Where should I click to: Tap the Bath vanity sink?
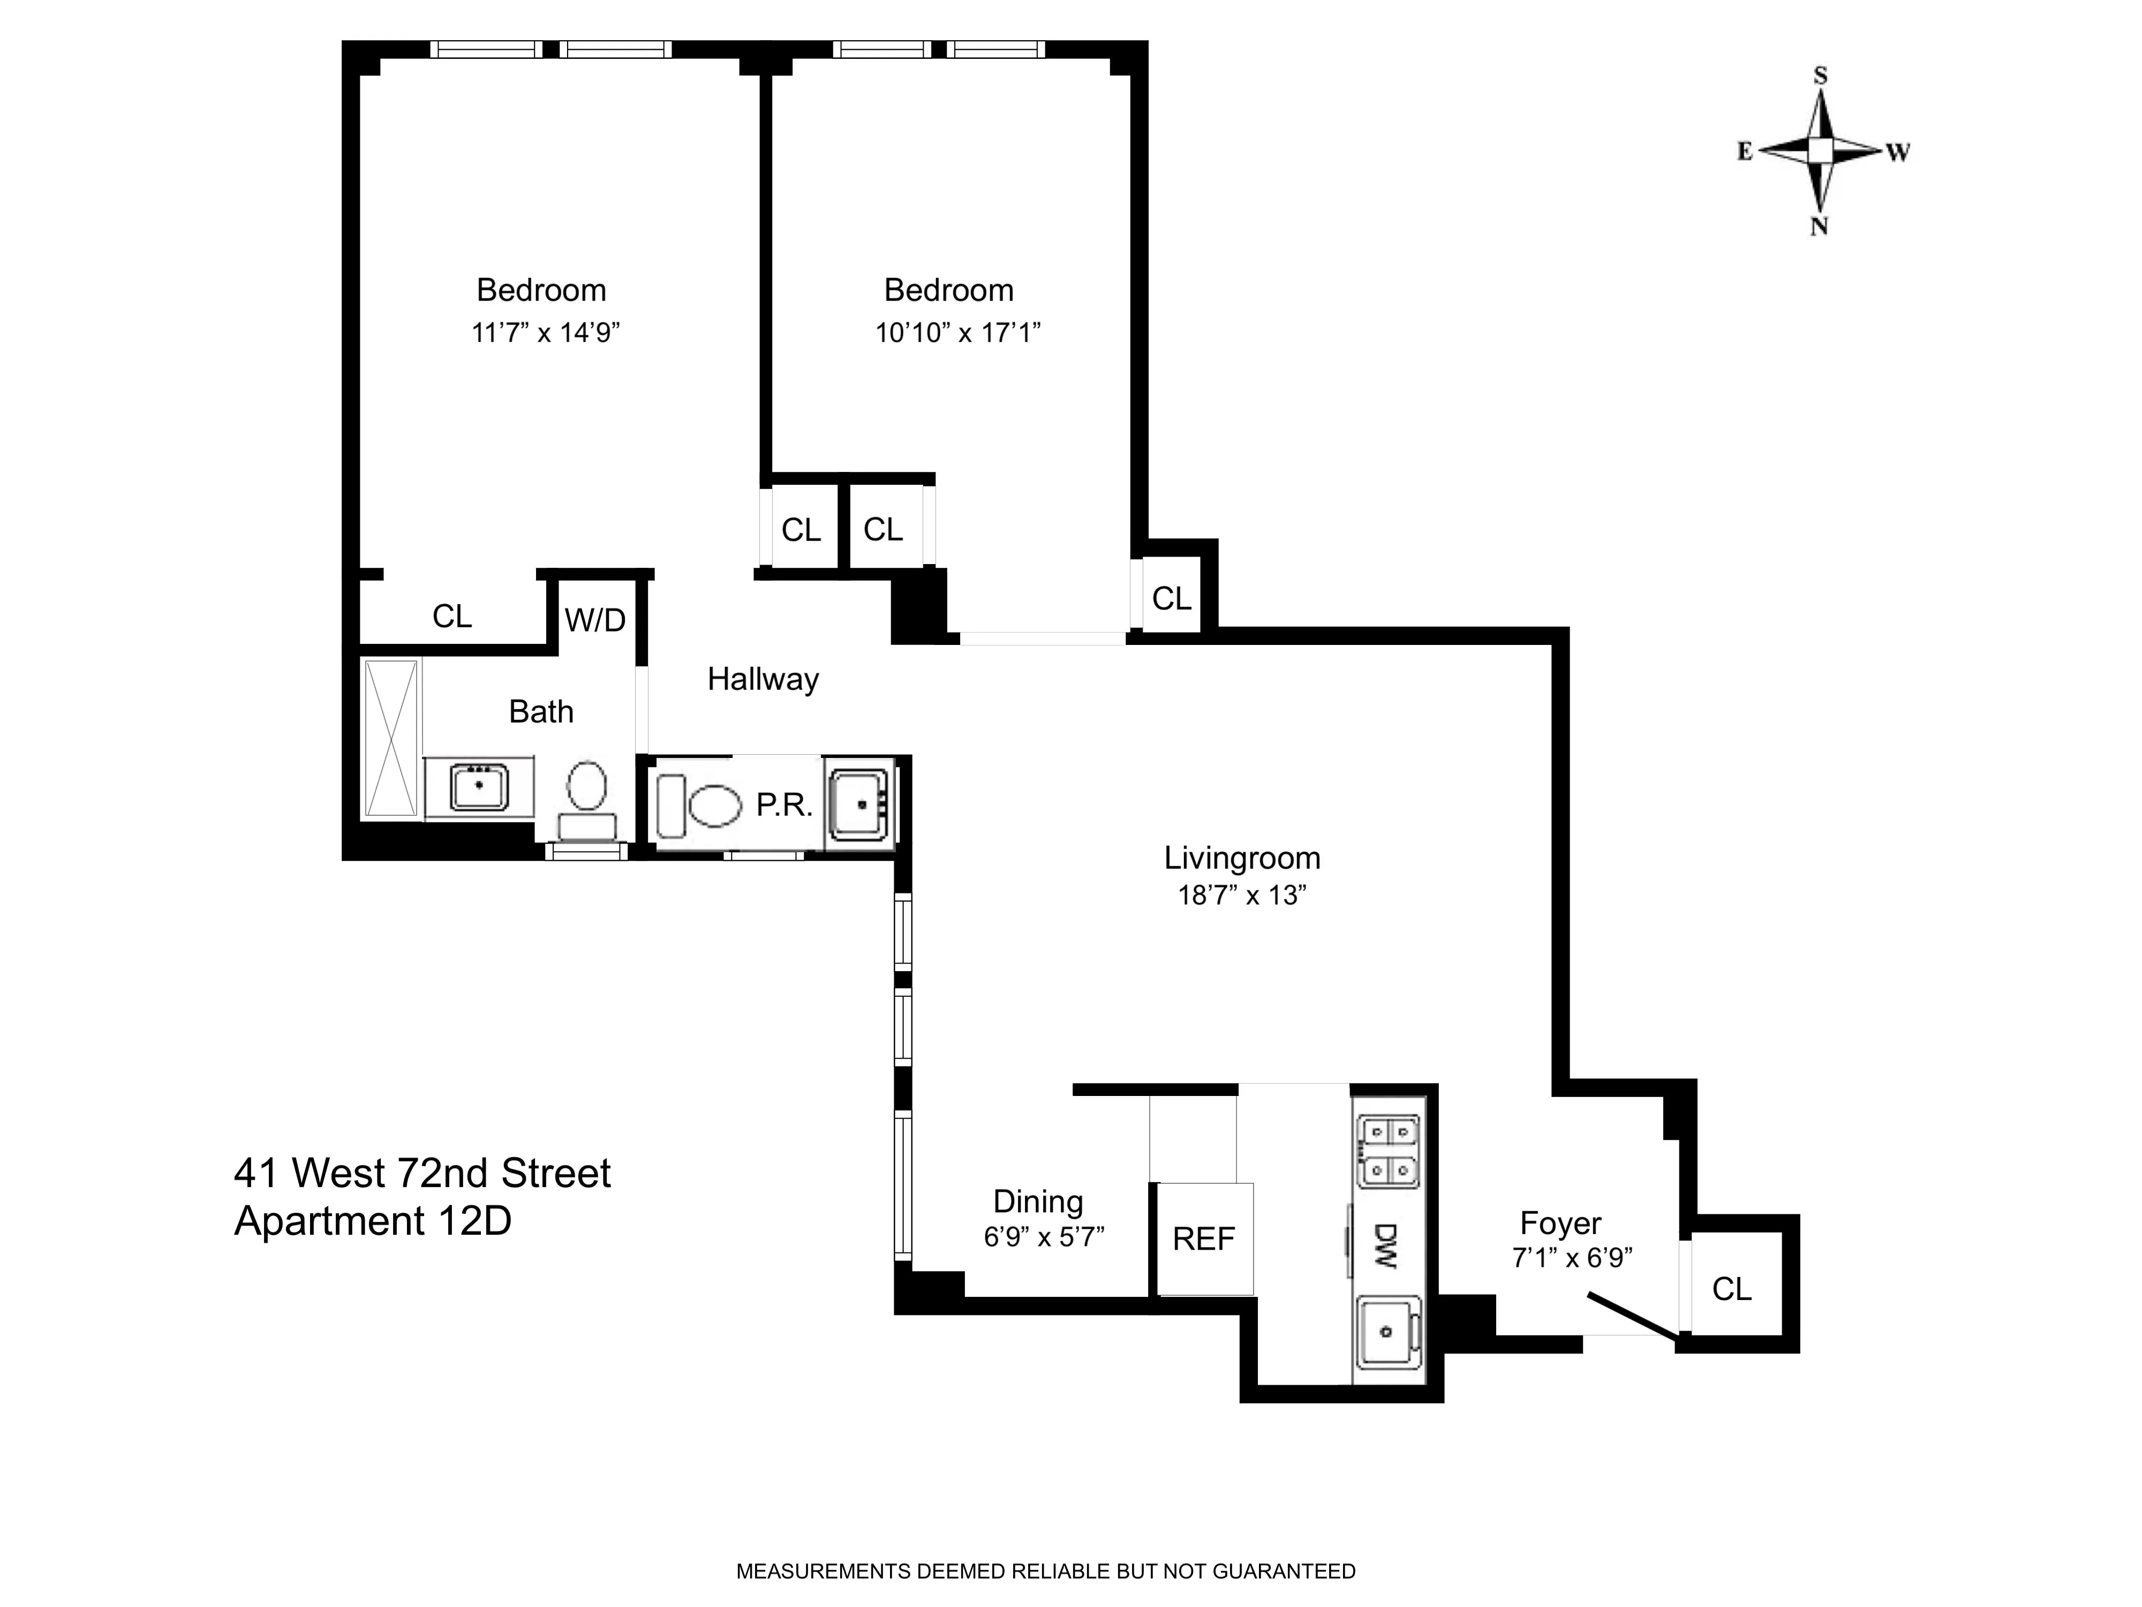pyautogui.click(x=478, y=786)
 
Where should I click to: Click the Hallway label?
pyautogui.click(x=763, y=679)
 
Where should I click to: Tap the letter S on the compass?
pyautogui.click(x=1821, y=76)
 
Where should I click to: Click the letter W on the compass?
pyautogui.click(x=1897, y=152)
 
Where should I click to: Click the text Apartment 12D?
pyautogui.click(x=373, y=1221)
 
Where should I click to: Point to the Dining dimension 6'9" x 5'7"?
pyautogui.click(x=1044, y=1237)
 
